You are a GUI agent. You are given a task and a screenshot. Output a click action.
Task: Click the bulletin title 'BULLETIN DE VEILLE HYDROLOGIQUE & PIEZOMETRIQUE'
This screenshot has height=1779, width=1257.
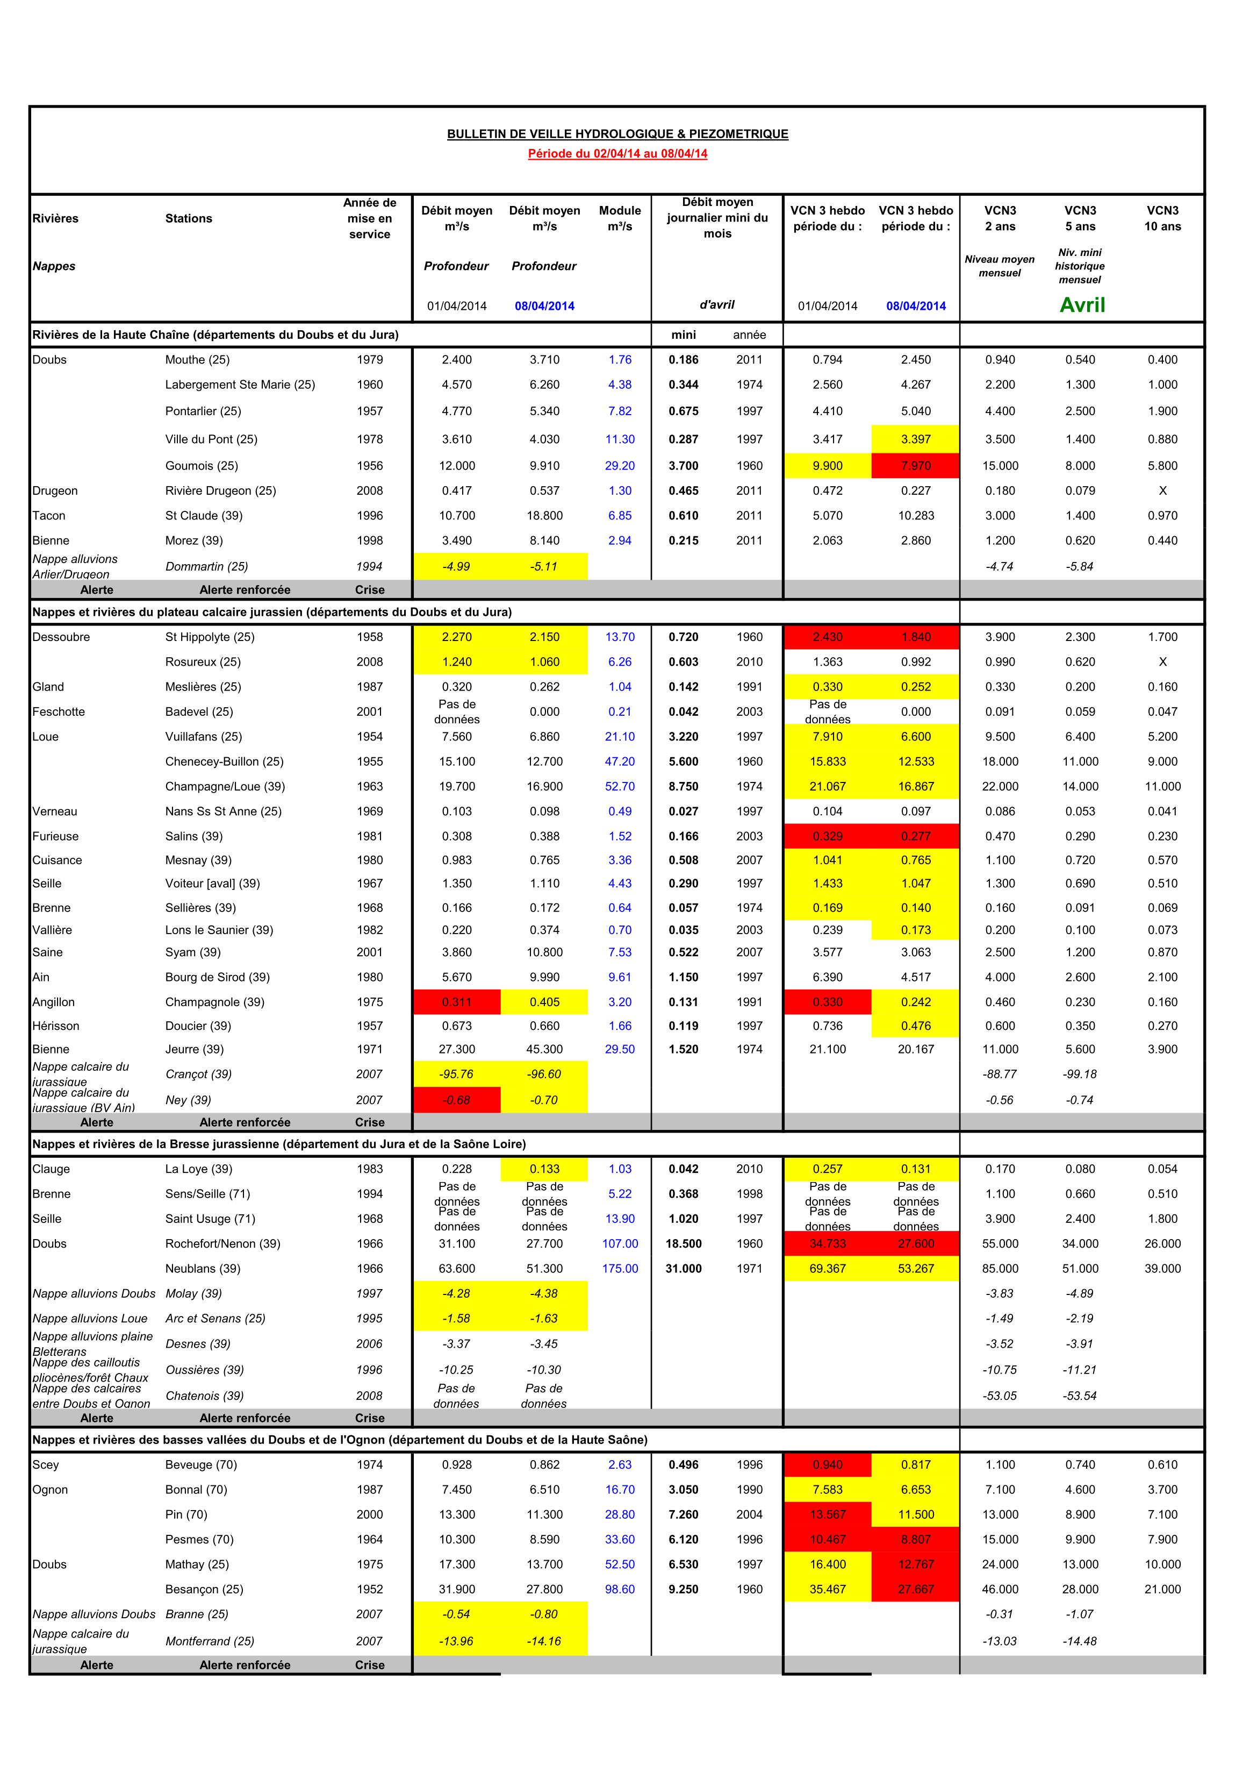617,134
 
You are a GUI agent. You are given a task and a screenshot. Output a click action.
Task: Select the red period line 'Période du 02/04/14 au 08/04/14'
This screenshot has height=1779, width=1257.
617,153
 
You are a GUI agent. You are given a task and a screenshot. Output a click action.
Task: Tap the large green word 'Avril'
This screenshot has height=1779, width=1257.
1082,305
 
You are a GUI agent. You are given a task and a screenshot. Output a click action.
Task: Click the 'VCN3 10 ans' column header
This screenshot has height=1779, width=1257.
1162,218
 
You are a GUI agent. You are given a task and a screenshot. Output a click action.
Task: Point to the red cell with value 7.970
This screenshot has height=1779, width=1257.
915,466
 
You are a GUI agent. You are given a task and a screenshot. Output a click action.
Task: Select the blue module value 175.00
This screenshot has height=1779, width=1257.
620,1269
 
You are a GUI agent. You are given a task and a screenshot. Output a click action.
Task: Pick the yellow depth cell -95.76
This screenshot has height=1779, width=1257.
456,1074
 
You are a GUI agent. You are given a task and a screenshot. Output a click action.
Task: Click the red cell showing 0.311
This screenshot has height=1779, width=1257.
456,1002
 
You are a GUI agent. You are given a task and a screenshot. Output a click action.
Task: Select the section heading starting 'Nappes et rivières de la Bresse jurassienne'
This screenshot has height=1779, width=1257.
279,1144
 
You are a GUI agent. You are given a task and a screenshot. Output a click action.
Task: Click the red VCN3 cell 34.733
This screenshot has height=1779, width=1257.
827,1243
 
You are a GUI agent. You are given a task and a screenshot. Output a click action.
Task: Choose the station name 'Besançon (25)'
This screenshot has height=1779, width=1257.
204,1589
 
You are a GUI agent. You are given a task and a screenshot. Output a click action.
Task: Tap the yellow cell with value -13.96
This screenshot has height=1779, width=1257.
456,1641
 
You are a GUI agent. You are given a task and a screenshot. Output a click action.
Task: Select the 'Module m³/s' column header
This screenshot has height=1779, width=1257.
620,218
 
